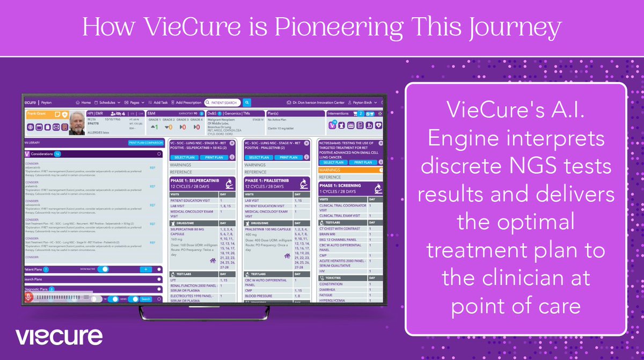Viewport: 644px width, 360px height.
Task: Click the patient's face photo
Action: (x=77, y=122)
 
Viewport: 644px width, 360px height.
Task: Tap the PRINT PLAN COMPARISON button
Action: (x=145, y=143)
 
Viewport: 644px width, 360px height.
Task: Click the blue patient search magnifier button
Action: (x=247, y=102)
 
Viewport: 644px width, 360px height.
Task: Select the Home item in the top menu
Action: (x=85, y=102)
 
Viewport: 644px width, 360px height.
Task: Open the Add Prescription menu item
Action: (x=188, y=102)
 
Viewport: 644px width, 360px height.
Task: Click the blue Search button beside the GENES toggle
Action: (x=145, y=299)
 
